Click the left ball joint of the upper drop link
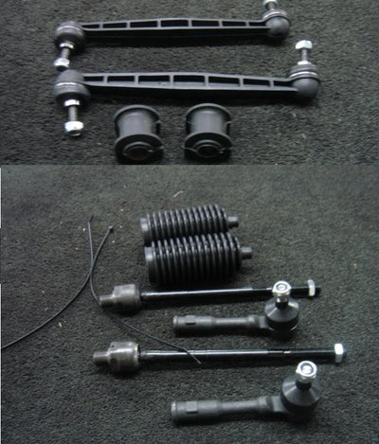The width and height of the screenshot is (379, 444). [70, 36]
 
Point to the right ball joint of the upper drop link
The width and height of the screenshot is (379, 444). [277, 23]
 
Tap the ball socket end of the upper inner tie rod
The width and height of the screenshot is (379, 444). [120, 298]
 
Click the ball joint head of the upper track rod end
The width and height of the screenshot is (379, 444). [280, 314]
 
